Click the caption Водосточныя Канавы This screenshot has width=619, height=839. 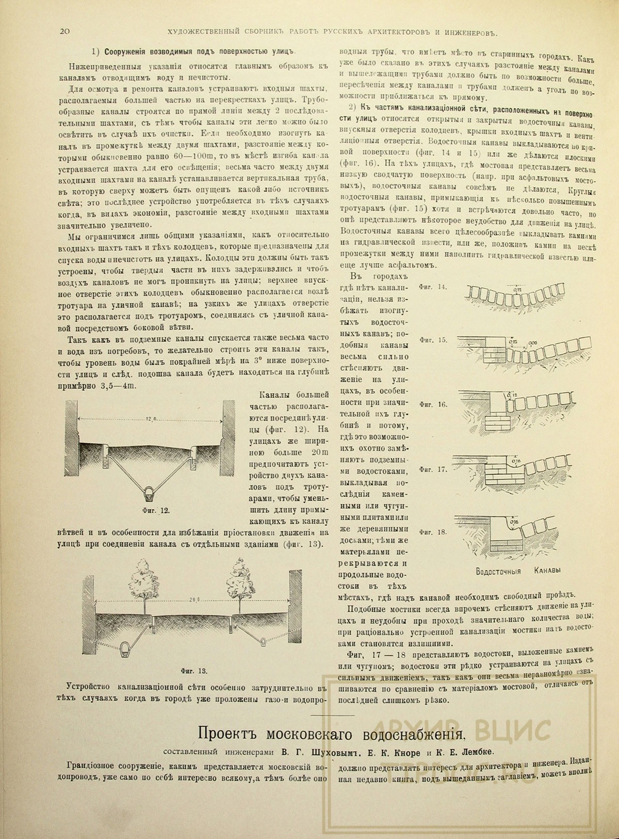pos(516,571)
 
